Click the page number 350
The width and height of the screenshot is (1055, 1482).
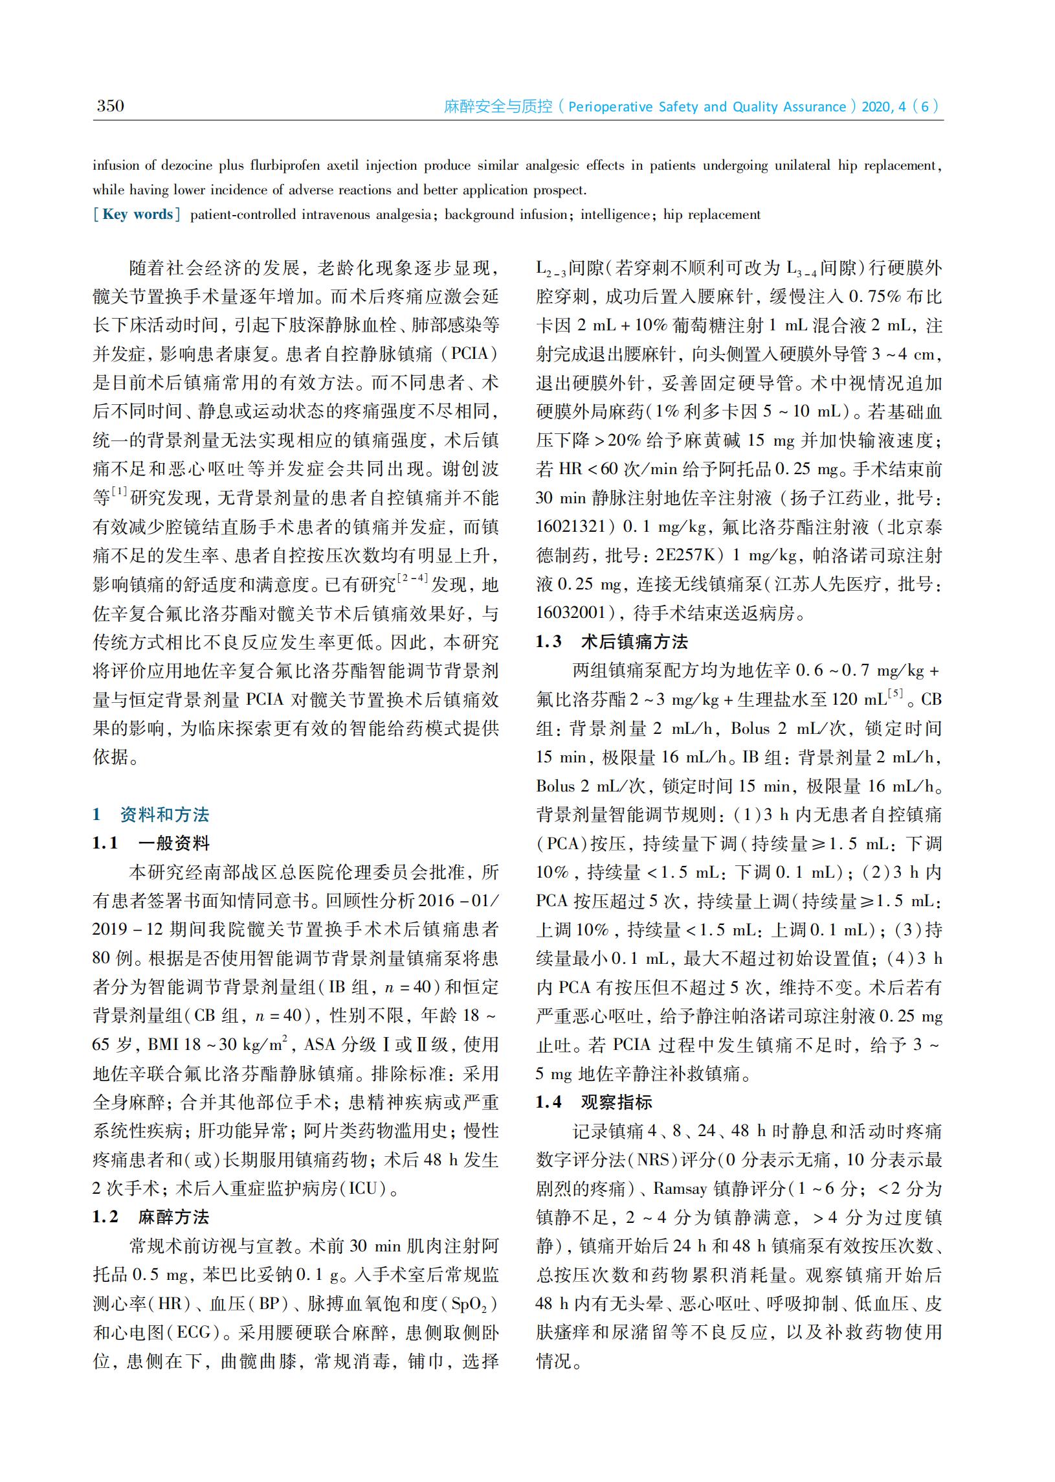[x=110, y=106]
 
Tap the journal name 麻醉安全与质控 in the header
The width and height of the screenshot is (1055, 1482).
[x=498, y=106]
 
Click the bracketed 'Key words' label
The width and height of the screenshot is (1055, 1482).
[x=137, y=214]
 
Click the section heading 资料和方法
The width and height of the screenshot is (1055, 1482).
[x=164, y=814]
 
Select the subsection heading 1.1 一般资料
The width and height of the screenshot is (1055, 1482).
[x=151, y=843]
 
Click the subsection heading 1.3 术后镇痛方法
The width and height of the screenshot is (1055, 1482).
[x=611, y=641]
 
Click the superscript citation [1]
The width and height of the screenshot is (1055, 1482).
[x=119, y=492]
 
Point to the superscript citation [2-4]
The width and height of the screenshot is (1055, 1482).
[x=412, y=578]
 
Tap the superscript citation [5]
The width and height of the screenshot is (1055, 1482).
[x=896, y=694]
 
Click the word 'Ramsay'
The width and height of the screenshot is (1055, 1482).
[x=680, y=1189]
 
